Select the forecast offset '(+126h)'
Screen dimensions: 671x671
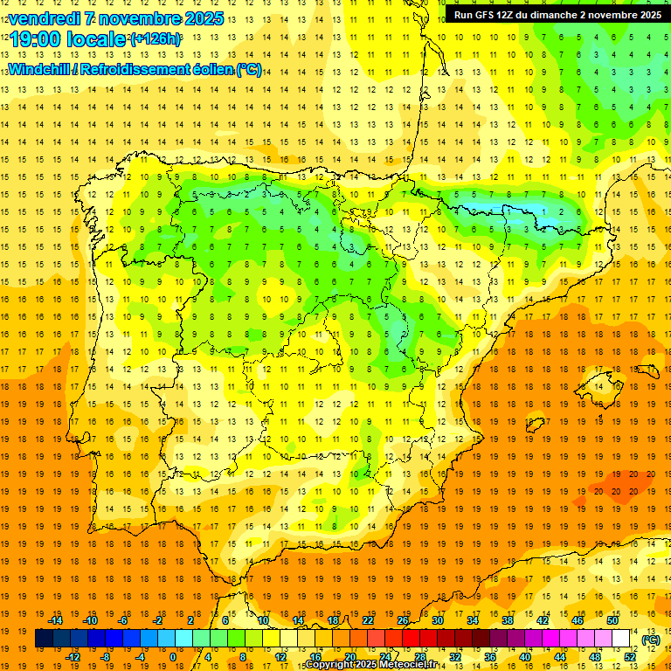point(156,39)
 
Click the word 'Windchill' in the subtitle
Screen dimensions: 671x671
point(41,69)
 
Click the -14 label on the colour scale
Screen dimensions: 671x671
point(56,620)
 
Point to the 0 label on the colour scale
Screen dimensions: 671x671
point(172,657)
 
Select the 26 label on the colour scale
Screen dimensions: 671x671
point(403,620)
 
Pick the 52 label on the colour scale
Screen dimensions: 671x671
point(630,657)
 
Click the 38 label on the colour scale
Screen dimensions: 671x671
point(508,620)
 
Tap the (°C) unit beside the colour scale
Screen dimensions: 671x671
point(650,640)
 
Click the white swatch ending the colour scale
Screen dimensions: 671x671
point(621,639)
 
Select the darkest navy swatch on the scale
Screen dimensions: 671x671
point(45,639)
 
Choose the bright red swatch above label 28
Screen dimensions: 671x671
point(412,639)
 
